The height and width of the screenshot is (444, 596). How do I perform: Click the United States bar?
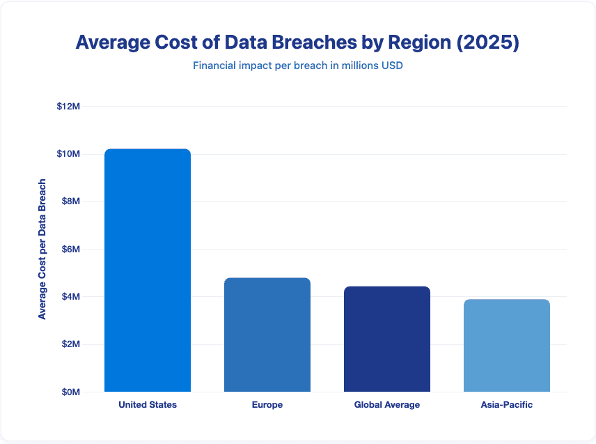148,270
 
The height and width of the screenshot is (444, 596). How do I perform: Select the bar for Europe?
267,335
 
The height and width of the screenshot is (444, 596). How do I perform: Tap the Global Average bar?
387,339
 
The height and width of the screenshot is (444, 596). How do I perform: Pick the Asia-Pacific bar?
507,346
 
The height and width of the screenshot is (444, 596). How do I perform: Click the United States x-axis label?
148,405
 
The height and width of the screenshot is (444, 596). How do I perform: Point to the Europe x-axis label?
267,405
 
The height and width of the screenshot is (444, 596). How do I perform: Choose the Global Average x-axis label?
387,405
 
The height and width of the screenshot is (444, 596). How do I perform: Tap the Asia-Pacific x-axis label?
507,405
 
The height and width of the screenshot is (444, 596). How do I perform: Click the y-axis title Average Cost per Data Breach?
42,249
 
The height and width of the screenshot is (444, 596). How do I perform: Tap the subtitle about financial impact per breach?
297,67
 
